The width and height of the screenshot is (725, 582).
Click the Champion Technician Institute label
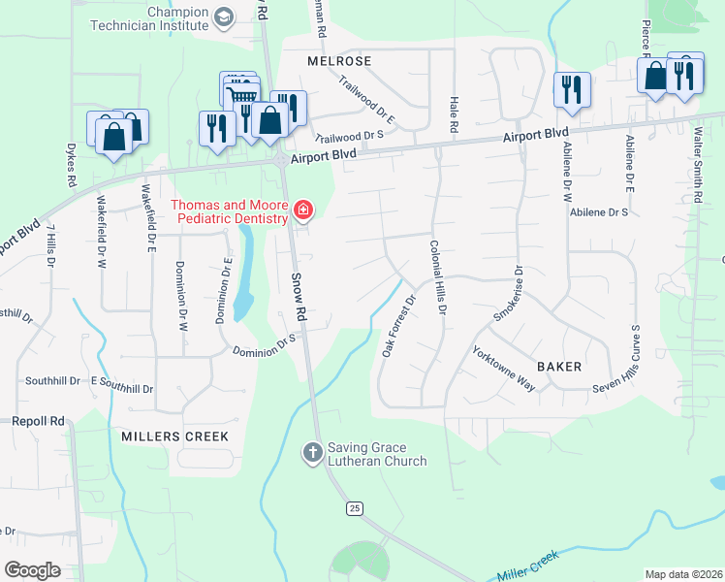pyautogui.click(x=176, y=19)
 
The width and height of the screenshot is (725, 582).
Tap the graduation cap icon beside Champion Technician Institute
pyautogui.click(x=225, y=17)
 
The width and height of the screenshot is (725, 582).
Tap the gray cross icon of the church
pyautogui.click(x=312, y=452)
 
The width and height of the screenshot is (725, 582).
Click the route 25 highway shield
pyautogui.click(x=355, y=508)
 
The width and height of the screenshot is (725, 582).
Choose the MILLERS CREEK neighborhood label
pyautogui.click(x=175, y=436)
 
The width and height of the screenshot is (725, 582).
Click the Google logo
pyautogui.click(x=33, y=569)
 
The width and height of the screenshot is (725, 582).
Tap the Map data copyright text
pyautogui.click(x=683, y=574)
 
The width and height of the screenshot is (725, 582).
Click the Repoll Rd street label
pyautogui.click(x=38, y=421)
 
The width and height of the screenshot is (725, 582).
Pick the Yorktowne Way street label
pyautogui.click(x=504, y=370)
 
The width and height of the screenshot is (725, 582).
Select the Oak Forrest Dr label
pyautogui.click(x=397, y=327)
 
